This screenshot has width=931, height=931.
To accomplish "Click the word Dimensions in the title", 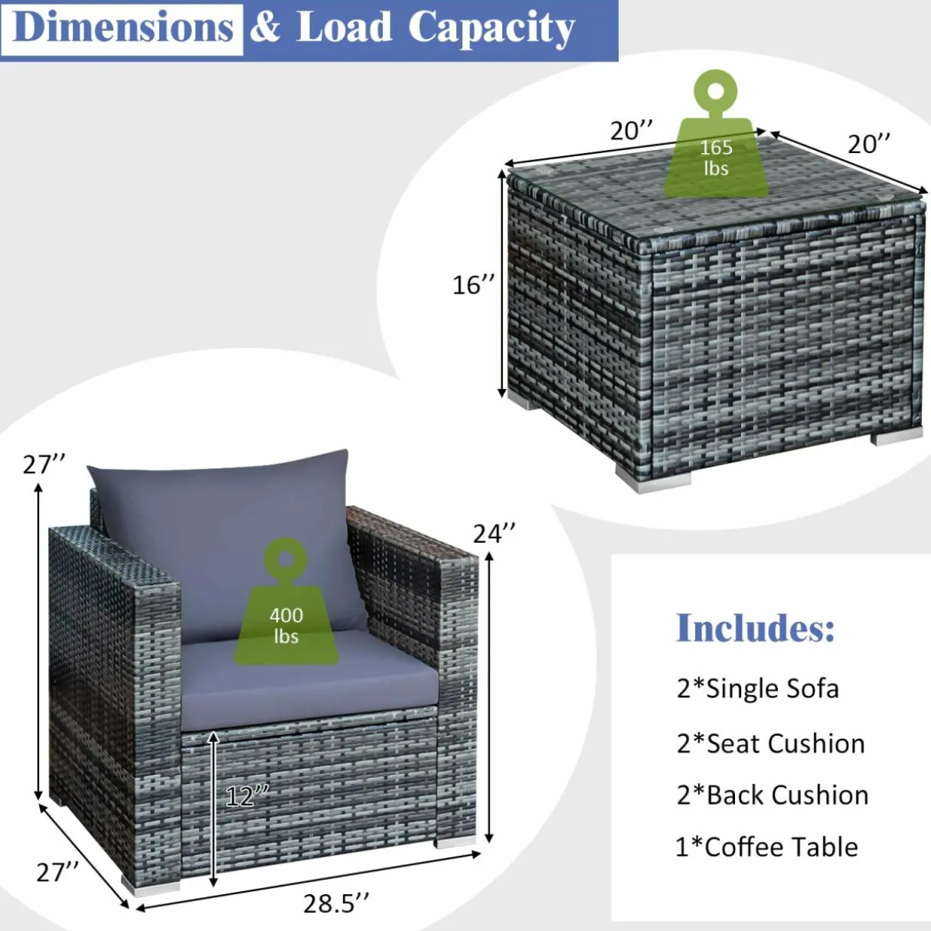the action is pyautogui.click(x=124, y=28).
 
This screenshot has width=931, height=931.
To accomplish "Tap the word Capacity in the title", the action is pyautogui.click(x=492, y=30).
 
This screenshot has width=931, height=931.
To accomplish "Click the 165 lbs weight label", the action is pyautogui.click(x=716, y=158).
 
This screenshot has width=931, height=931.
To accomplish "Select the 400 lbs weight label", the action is pyautogui.click(x=286, y=625).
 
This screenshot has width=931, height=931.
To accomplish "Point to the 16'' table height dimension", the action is pyautogui.click(x=474, y=285).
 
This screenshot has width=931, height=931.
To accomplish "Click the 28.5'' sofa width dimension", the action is pyautogui.click(x=336, y=903).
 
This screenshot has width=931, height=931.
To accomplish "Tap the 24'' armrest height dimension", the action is pyautogui.click(x=494, y=533).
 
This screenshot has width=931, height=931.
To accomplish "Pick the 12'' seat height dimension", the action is pyautogui.click(x=247, y=796).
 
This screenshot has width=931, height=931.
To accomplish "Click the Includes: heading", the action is pyautogui.click(x=755, y=628).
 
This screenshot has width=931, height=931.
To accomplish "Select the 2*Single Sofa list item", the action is pyautogui.click(x=758, y=688).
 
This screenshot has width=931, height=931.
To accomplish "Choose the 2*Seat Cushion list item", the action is pyautogui.click(x=770, y=744).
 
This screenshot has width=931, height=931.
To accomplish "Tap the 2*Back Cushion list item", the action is pyautogui.click(x=773, y=795).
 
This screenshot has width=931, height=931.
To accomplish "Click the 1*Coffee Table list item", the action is pyautogui.click(x=767, y=847).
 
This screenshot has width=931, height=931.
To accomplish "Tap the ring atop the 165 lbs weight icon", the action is pyautogui.click(x=716, y=92).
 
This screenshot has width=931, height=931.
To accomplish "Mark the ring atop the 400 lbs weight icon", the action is pyautogui.click(x=285, y=559).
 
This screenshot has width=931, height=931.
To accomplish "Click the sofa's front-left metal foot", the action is pyautogui.click(x=149, y=885).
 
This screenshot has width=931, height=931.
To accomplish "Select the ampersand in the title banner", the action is pyautogui.click(x=265, y=28).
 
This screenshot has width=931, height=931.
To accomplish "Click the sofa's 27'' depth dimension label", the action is pyautogui.click(x=57, y=872).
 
